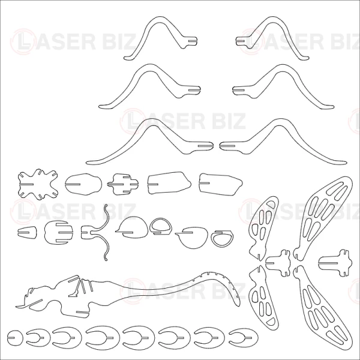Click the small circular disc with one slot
(15, 338)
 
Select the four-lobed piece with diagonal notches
(38, 184)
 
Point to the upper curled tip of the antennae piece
(106, 205)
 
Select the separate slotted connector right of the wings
(335, 263)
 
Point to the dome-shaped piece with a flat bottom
(132, 227)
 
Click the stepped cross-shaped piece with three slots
(123, 184)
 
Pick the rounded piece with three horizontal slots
(59, 233)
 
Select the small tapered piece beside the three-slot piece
(27, 232)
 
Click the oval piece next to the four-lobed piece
(83, 184)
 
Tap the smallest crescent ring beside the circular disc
(38, 338)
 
